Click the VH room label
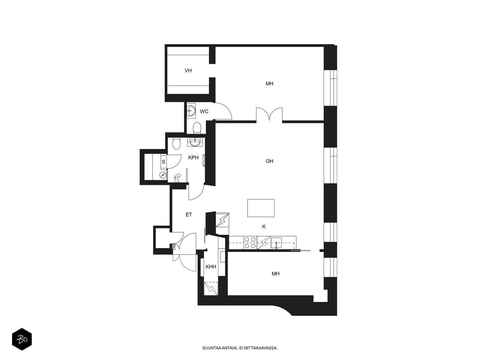tap(188, 70)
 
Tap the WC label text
tap(204, 112)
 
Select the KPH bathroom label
tap(193, 157)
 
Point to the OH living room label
tap(269, 161)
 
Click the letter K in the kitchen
tap(264, 227)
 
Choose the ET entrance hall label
tap(189, 215)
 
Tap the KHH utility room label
tap(211, 267)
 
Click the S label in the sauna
tap(163, 162)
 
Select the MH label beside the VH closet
tap(269, 84)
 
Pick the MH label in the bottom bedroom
tap(275, 274)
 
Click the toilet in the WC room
tap(197, 128)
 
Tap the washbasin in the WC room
tap(191, 111)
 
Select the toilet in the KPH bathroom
tap(176, 144)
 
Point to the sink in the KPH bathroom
tap(195, 142)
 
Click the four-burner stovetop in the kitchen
tap(250, 243)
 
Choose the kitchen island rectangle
tap(261, 208)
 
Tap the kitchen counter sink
tap(276, 243)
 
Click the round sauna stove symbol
tap(163, 175)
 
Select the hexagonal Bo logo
tap(22, 339)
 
